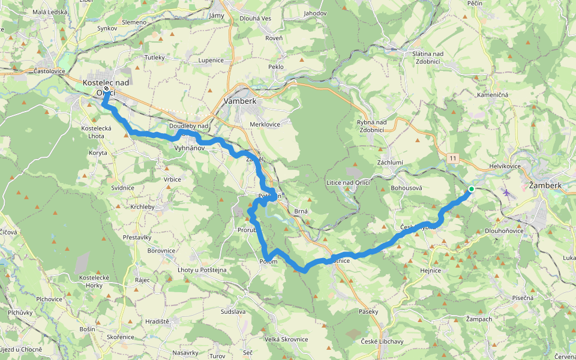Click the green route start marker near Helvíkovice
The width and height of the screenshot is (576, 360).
pyautogui.click(x=472, y=190)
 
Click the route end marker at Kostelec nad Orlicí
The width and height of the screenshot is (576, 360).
pyautogui.click(x=106, y=89)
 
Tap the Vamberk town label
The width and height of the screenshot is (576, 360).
pyautogui.click(x=239, y=101)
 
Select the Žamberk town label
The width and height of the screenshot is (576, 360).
pyautogui.click(x=545, y=185)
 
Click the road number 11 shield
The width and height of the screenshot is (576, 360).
pyautogui.click(x=452, y=158)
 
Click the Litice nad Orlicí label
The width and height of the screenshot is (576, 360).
pyautogui.click(x=348, y=182)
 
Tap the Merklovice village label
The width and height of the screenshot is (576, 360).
pyautogui.click(x=266, y=124)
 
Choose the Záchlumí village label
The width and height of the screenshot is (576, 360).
pyautogui.click(x=390, y=163)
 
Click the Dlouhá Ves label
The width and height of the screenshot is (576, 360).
pyautogui.click(x=256, y=18)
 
